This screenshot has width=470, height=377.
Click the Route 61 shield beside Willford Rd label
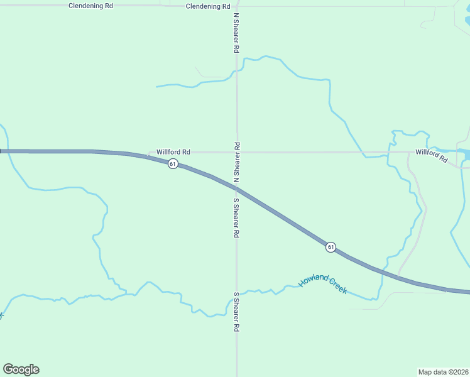pos(173,164)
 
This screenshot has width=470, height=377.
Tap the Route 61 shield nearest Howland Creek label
pos(331,247)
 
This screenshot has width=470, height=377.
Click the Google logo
pos(21,369)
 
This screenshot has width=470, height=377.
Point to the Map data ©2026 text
pos(444,371)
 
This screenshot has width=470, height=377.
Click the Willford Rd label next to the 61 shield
pos(173,152)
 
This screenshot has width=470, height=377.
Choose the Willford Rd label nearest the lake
pos(431,155)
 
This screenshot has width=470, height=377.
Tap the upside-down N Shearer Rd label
pos(237,162)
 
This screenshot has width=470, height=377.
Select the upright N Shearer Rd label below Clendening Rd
pos(236,32)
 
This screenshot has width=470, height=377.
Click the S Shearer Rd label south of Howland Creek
pos(237,312)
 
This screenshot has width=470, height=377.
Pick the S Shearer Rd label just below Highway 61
pos(237,218)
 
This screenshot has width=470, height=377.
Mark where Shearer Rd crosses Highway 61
pos(237,189)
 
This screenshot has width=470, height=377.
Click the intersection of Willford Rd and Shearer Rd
pos(237,152)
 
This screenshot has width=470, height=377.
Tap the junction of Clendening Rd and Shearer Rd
pos(237,6)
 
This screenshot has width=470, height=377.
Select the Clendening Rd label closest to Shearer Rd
pos(208,6)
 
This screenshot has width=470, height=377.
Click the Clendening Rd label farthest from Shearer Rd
pos(90,6)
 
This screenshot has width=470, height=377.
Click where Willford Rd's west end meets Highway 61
pos(148,155)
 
